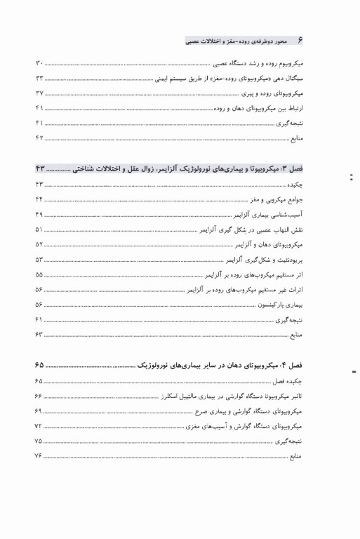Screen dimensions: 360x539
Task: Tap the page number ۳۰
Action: click(x=39, y=65)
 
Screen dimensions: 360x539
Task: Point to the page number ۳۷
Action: click(x=39, y=93)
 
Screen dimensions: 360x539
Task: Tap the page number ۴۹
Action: click(x=39, y=214)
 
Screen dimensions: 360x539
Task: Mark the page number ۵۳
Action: click(x=39, y=258)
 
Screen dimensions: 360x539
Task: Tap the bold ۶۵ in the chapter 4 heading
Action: click(x=39, y=366)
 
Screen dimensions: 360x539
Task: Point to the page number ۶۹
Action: click(x=39, y=411)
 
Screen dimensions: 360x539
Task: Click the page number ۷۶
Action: click(x=39, y=455)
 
